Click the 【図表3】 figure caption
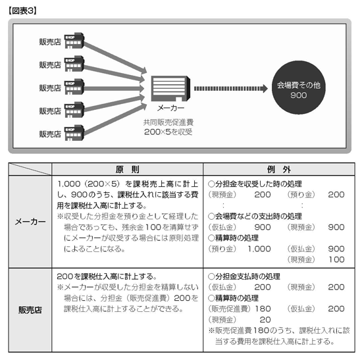[x=22, y=11]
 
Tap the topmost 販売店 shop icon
[x=74, y=41]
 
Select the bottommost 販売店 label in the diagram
[x=50, y=134]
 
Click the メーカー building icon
[x=170, y=88]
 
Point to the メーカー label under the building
[x=170, y=108]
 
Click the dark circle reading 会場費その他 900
[x=299, y=88]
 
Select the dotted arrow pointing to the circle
[x=231, y=88]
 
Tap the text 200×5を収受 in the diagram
[x=168, y=132]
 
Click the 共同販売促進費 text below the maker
[x=168, y=122]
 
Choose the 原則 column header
[x=128, y=170]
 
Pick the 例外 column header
[x=279, y=170]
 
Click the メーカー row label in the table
[x=30, y=222]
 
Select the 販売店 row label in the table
[x=30, y=310]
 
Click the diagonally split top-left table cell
[x=30, y=169]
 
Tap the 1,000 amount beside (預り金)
[x=259, y=249]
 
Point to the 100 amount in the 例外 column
[x=336, y=259]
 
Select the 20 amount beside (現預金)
[x=265, y=320]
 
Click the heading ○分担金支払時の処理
[x=244, y=276]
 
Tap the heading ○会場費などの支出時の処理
[x=255, y=216]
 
